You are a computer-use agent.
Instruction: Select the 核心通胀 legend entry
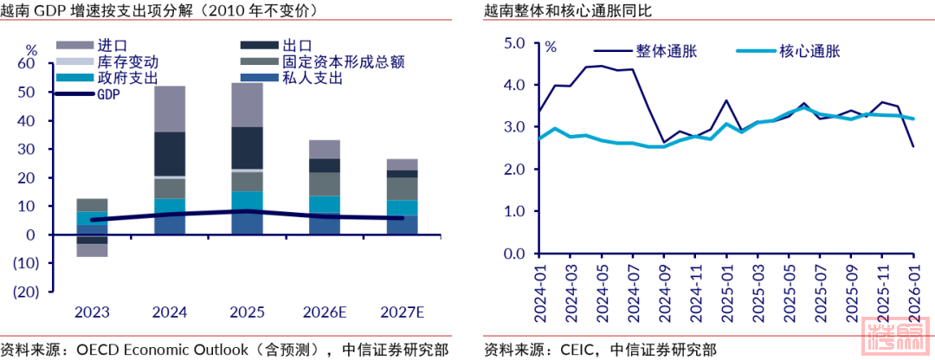coord(810,51)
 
